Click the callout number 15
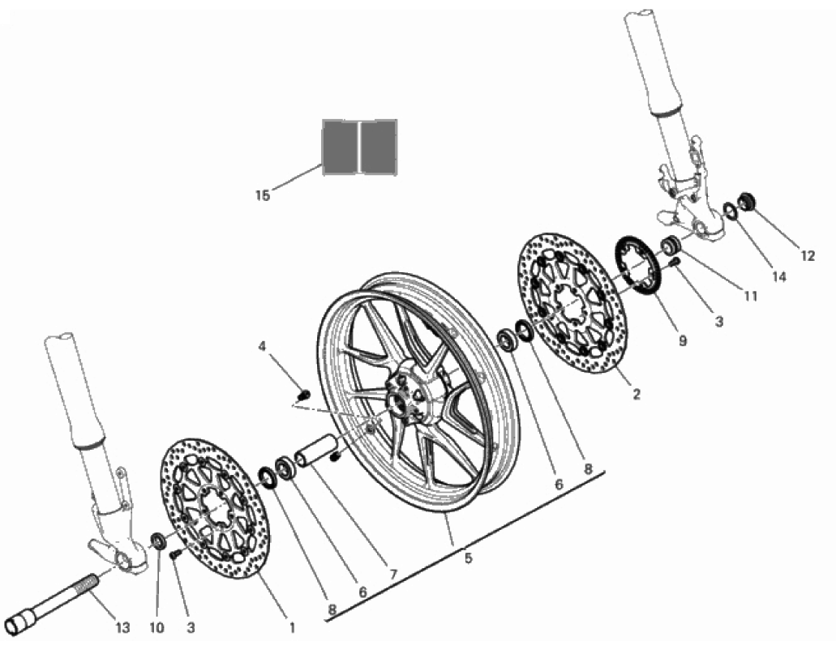tap(263, 195)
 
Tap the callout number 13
tap(122, 627)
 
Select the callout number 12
tap(808, 256)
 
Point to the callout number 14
tap(779, 276)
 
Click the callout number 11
tap(750, 296)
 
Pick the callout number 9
tap(683, 340)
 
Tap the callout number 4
tap(262, 347)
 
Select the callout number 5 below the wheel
tap(468, 558)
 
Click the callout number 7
tap(393, 574)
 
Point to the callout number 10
tap(156, 628)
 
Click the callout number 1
tap(292, 628)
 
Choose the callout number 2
tap(636, 395)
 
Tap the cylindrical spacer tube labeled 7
tap(315, 451)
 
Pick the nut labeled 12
tap(746, 202)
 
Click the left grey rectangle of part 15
tap(339, 146)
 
